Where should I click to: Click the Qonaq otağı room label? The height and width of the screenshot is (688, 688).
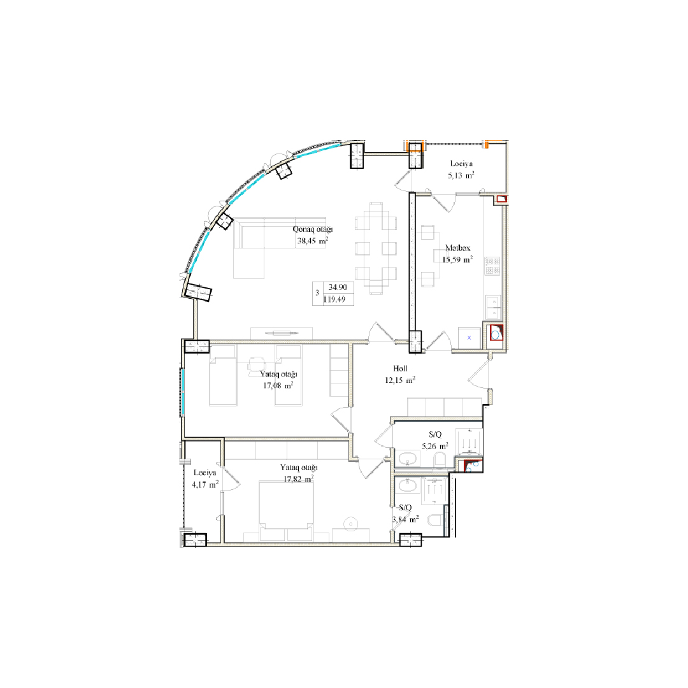click(312, 229)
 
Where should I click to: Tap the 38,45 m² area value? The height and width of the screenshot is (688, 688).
click(312, 241)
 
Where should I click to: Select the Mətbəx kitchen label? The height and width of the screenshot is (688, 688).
click(457, 248)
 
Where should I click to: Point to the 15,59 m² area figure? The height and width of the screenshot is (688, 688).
click(457, 259)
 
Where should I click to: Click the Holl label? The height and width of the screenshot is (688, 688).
click(400, 369)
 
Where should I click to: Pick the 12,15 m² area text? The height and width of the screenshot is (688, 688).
click(400, 380)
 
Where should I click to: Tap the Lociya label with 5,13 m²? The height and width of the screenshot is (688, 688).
click(461, 164)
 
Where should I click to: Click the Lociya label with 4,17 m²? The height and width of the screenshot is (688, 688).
click(205, 473)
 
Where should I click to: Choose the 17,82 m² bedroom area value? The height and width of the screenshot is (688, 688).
click(298, 478)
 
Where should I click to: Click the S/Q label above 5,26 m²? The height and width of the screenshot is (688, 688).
click(435, 435)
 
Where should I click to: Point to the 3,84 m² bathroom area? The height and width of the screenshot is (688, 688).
click(405, 520)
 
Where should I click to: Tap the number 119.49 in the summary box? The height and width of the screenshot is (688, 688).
click(334, 299)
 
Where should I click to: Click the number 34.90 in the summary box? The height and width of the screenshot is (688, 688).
click(338, 287)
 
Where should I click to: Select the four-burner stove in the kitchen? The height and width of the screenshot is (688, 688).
click(492, 266)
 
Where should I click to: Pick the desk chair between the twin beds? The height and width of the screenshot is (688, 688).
click(256, 365)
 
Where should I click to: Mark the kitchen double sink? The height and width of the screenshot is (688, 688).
click(493, 307)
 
